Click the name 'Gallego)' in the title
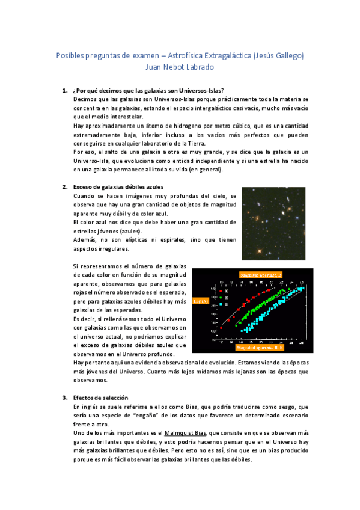290,55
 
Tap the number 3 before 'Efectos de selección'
64,398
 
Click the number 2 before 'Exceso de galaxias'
64,187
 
